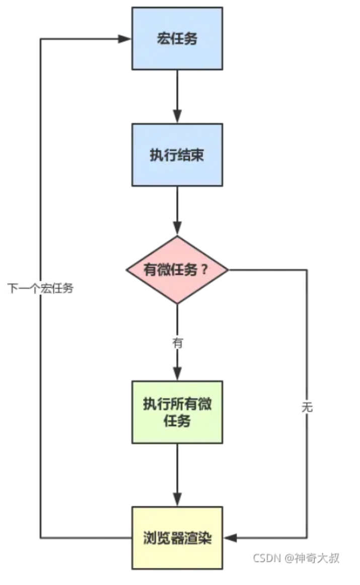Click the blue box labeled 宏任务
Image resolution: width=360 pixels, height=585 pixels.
coord(177,38)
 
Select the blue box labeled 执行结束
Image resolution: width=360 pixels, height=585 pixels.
coord(177,155)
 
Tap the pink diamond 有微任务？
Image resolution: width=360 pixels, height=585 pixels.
coord(177,270)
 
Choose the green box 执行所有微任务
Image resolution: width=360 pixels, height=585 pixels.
coord(177,412)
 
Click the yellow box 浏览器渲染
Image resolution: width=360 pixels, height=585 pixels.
coord(177,538)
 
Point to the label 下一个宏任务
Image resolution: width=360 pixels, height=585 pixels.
coord(40,289)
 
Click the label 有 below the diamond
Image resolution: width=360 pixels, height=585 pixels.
coord(177,343)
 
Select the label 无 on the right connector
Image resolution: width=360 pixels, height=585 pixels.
coord(307,407)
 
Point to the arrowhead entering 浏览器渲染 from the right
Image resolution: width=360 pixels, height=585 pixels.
coord(230,538)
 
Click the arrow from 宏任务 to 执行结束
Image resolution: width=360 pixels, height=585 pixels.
coord(177,96)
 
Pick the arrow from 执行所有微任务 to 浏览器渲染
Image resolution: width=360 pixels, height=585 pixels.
coord(177,474)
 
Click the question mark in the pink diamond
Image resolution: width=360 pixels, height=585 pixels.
coord(204,270)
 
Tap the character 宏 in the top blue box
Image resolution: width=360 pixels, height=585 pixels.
coord(162,39)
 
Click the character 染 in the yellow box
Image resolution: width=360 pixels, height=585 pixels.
coord(204,538)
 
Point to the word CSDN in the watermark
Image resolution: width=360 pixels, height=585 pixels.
coord(266,558)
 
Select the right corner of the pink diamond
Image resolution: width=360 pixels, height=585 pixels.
coord(228,270)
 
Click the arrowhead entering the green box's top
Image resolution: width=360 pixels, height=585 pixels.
coord(177,374)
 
